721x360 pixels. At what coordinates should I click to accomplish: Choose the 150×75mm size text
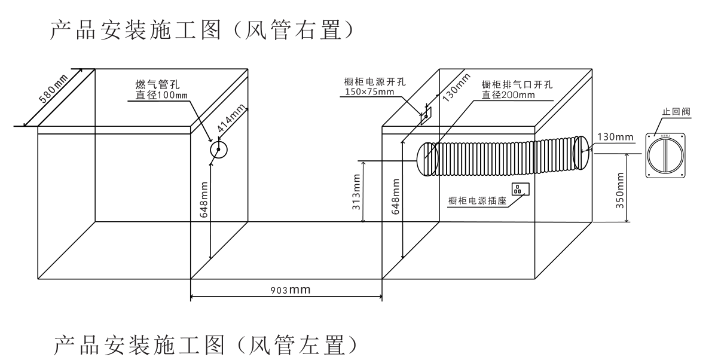pyautogui.click(x=369, y=92)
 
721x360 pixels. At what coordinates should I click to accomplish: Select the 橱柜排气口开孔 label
pyautogui.click(x=518, y=85)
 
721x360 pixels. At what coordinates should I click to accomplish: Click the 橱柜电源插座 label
pyautogui.click(x=477, y=200)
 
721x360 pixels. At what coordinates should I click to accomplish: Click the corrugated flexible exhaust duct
pyautogui.click(x=502, y=157)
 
